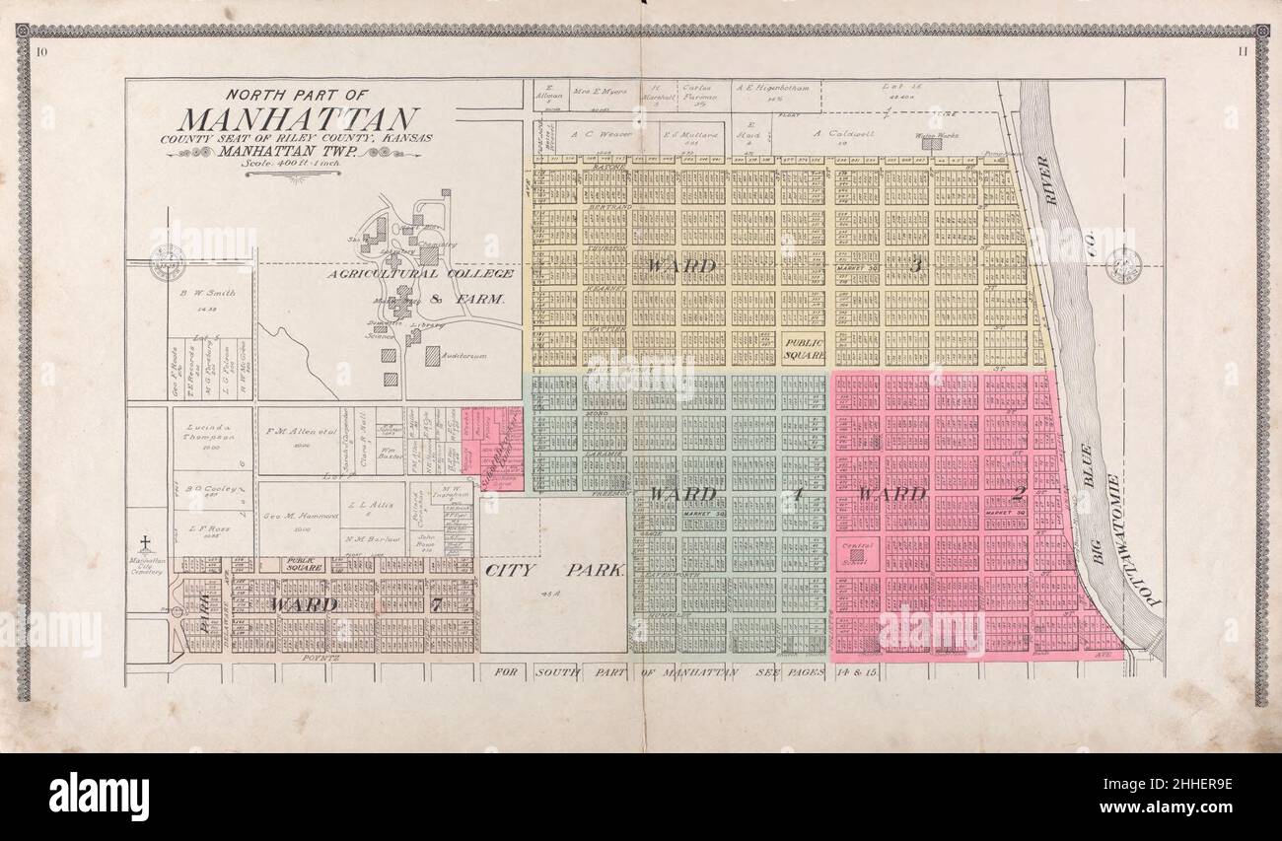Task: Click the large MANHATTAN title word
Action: [298, 119]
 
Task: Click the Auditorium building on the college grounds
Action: [432, 356]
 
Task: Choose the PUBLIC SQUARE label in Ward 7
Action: [305, 565]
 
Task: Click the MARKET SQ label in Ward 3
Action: [856, 267]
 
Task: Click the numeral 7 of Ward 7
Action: [435, 604]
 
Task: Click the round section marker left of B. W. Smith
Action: [167, 263]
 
